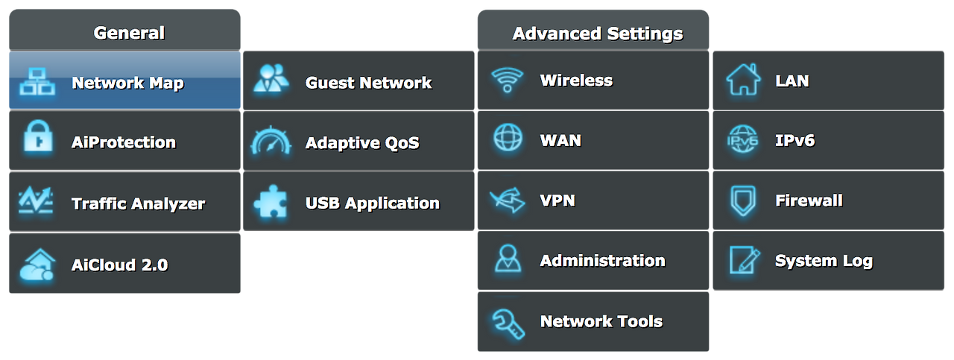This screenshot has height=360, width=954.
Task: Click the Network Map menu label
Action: [127, 83]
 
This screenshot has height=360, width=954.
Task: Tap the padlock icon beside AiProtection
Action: [37, 139]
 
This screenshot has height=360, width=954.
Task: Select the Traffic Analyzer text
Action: [138, 203]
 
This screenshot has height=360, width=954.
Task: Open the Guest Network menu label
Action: [368, 83]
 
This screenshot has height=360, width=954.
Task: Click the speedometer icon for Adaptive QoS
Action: [271, 141]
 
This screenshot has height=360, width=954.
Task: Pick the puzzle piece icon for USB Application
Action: [271, 203]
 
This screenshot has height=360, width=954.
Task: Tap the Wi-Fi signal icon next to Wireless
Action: [507, 80]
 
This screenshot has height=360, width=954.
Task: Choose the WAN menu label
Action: [560, 140]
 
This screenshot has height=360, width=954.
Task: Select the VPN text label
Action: [557, 200]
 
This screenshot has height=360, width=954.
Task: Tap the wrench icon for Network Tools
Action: [507, 321]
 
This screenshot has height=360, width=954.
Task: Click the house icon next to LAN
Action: [743, 80]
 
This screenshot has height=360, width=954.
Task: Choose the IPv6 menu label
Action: [795, 140]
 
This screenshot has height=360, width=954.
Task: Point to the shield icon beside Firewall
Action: [743, 200]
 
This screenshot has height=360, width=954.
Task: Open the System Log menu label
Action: [824, 261]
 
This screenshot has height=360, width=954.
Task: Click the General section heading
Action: [129, 33]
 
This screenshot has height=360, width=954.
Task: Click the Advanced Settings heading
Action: [598, 34]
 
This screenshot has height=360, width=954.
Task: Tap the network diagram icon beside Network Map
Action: [37, 81]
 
